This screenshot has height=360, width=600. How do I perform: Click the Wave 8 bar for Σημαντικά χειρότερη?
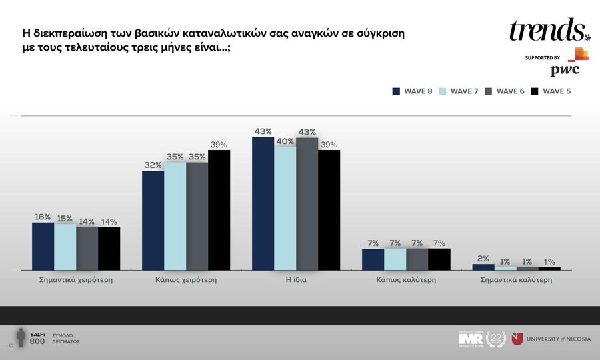[x=43, y=246]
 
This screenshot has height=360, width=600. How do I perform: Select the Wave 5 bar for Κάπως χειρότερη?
[x=219, y=210]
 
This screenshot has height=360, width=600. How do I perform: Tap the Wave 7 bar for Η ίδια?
[x=285, y=208]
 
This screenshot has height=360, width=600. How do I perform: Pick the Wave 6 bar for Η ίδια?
[x=307, y=203]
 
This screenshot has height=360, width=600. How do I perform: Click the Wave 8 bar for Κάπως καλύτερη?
[x=373, y=259]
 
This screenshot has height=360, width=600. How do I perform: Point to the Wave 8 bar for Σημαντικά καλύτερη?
[x=483, y=267]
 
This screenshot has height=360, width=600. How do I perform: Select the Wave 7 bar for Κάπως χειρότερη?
[x=175, y=216]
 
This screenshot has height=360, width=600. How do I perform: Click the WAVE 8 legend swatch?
[x=395, y=91]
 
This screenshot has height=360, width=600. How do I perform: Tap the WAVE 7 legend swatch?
[x=442, y=91]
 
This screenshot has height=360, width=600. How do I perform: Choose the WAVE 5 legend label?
[x=557, y=91]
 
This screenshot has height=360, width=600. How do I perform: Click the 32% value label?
[x=153, y=165]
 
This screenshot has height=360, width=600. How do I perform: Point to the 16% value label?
[x=43, y=217]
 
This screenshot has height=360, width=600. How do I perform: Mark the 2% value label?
[x=483, y=258]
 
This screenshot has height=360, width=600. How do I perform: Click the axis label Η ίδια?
[x=296, y=280]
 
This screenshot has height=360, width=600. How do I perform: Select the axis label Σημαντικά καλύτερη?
[x=516, y=280]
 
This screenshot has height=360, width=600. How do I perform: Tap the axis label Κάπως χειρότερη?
[x=185, y=280]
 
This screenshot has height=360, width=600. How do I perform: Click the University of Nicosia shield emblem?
[x=517, y=339]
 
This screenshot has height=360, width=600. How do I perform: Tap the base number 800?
[x=37, y=341]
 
